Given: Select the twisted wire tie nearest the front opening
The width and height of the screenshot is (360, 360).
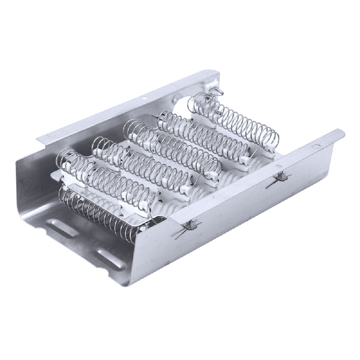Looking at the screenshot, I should pyautogui.click(x=189, y=226).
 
